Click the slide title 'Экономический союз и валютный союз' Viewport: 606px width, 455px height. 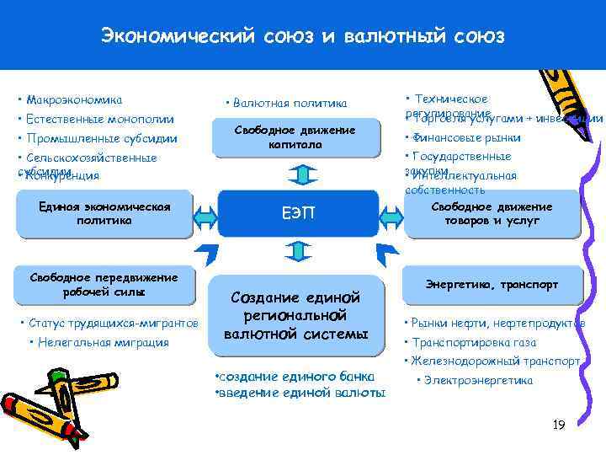302,36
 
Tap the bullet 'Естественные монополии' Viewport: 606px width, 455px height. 95,119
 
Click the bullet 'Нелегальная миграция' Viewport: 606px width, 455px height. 98,342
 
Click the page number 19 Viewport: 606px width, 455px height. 558,425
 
